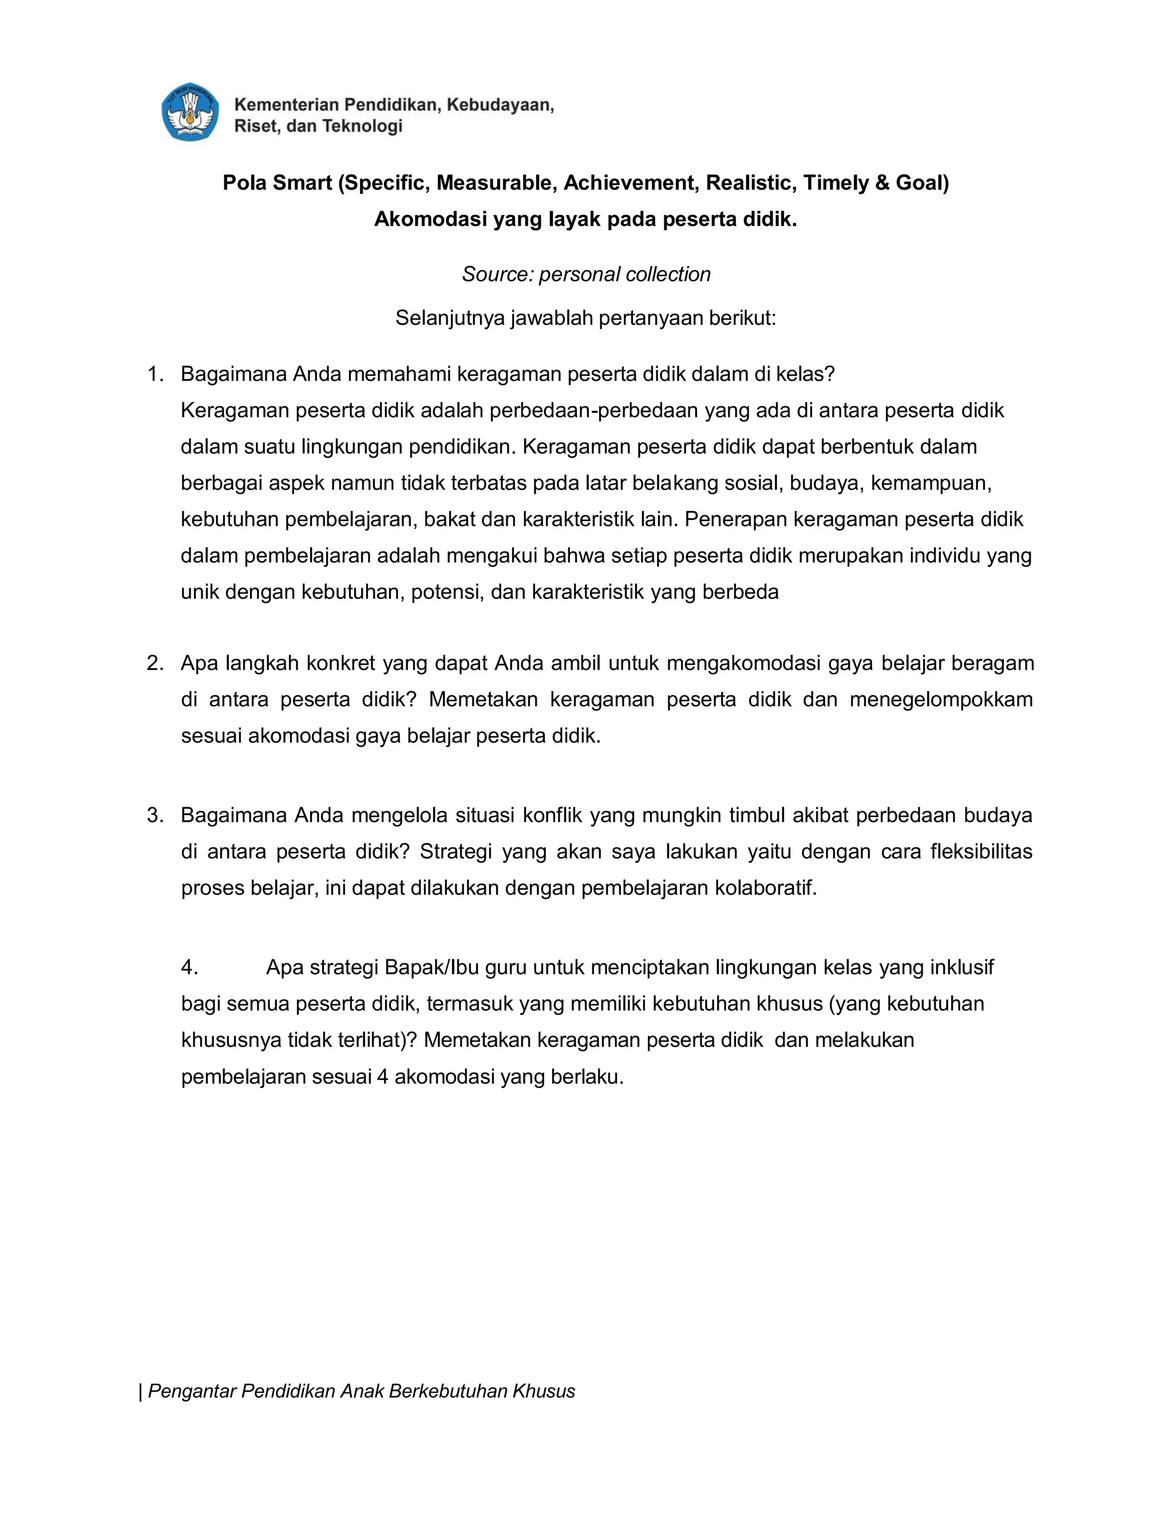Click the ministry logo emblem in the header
189,113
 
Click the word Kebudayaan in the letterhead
500,105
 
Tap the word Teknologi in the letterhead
362,126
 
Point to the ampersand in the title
882,182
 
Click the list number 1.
155,374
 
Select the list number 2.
155,663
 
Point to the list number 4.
189,967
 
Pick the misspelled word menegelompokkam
941,699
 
